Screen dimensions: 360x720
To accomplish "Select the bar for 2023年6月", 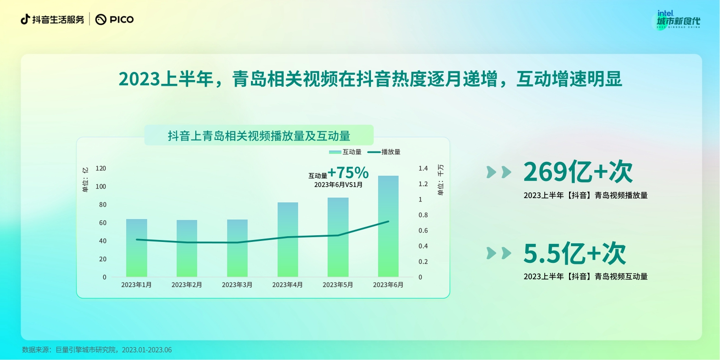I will click(388, 226).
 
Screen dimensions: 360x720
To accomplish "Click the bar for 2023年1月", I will click(137, 248).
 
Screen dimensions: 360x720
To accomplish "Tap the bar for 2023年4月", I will click(288, 240).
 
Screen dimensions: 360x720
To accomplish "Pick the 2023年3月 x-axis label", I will click(237, 285).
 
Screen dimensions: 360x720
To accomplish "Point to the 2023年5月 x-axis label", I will click(338, 285).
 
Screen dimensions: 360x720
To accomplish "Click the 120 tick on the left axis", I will click(100, 169).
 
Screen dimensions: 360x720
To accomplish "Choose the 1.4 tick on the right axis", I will click(423, 169).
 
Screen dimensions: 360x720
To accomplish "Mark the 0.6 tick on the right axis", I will click(423, 230).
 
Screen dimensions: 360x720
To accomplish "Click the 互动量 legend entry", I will click(345, 152).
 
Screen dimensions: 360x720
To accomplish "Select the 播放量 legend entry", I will click(384, 152).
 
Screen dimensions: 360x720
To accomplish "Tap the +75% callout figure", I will click(348, 172).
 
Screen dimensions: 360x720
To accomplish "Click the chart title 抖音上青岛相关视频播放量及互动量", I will click(259, 136).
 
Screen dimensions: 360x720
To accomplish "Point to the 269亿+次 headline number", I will click(578, 172).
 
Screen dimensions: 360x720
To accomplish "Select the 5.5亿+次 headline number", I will click(574, 253).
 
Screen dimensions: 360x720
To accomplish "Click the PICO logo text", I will click(115, 20).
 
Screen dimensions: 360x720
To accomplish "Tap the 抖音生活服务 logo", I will click(52, 20).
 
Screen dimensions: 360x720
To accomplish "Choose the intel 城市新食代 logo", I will click(678, 20).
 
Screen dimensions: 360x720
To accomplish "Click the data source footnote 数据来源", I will click(97, 350).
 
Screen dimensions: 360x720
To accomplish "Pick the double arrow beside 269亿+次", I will click(499, 172).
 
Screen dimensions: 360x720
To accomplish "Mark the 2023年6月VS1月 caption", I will click(339, 185).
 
